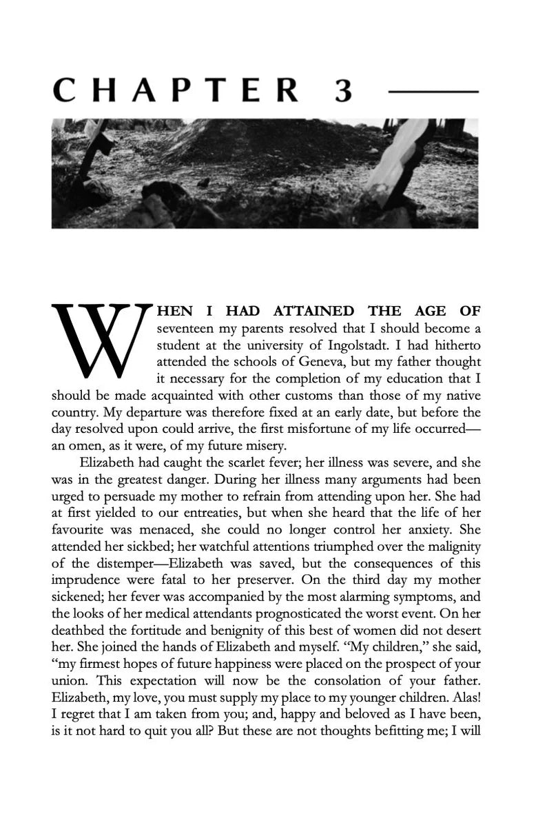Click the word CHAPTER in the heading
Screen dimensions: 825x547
[x=176, y=90]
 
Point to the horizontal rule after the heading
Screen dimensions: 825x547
[x=433, y=90]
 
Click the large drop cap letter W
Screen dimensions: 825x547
[x=102, y=341]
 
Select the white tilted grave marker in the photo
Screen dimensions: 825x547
[x=393, y=161]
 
